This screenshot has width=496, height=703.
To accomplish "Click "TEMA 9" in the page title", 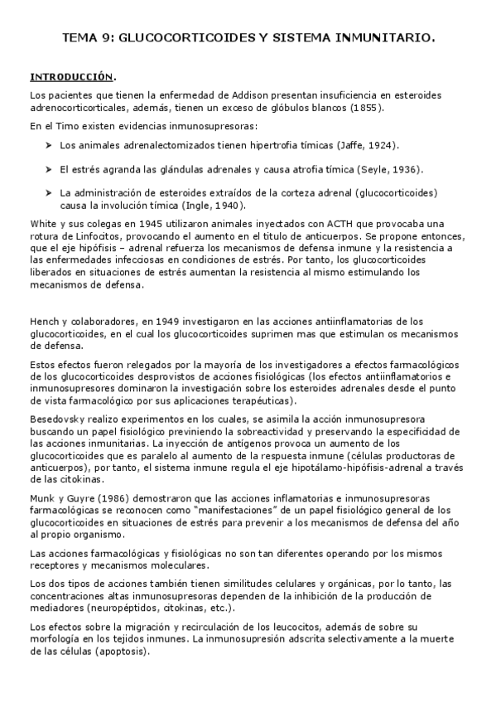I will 87,37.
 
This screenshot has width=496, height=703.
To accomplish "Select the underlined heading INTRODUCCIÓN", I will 70,77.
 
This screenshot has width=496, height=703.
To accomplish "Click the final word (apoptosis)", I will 125,652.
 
